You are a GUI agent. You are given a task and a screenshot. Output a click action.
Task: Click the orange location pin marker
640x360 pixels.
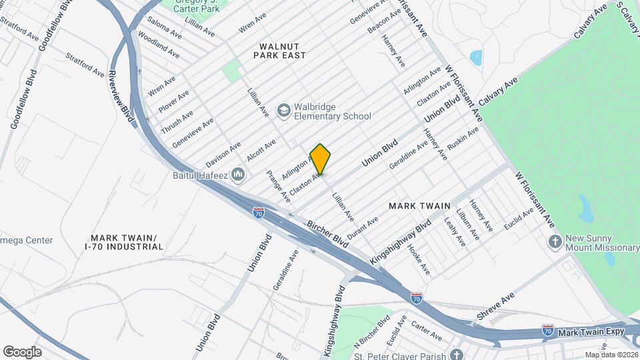(321, 159)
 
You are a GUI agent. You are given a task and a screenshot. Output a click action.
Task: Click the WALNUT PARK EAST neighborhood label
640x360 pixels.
(279, 50)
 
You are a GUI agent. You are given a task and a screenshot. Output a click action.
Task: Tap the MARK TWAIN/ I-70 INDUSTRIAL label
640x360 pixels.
(124, 242)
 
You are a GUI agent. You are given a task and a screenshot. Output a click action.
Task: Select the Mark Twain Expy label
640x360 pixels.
(590, 331)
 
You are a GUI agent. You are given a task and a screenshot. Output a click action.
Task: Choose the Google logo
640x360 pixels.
(22, 352)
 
